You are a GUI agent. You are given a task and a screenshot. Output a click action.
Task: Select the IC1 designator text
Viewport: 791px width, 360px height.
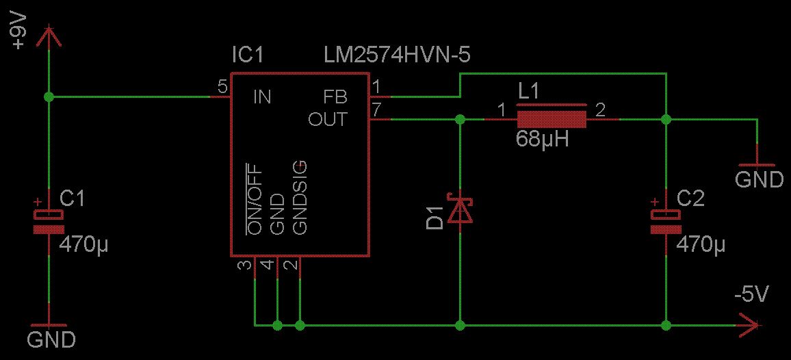point(247,55)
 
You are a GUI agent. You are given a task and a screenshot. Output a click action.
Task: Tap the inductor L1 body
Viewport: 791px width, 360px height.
point(552,119)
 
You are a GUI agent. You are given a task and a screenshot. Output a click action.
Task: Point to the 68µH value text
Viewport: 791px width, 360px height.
point(543,140)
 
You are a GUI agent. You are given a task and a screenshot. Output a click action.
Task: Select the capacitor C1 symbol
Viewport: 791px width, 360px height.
point(49,221)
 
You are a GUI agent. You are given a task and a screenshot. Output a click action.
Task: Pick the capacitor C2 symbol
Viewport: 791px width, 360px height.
point(665,220)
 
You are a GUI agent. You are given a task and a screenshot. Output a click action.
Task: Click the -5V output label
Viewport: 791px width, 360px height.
point(751,295)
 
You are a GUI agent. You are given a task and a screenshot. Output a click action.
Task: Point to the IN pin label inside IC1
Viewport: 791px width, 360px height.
point(262,97)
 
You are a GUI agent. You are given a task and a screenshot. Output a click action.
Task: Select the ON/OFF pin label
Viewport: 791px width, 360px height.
point(255,199)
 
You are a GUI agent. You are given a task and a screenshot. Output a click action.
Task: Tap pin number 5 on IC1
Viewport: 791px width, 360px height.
point(222,87)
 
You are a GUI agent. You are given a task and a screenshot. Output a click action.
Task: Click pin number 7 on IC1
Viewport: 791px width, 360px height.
point(376,110)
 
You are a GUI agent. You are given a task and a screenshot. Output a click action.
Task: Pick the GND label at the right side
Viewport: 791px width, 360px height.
point(759,179)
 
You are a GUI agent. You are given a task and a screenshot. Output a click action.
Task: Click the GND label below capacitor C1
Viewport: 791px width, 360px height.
point(51,339)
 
